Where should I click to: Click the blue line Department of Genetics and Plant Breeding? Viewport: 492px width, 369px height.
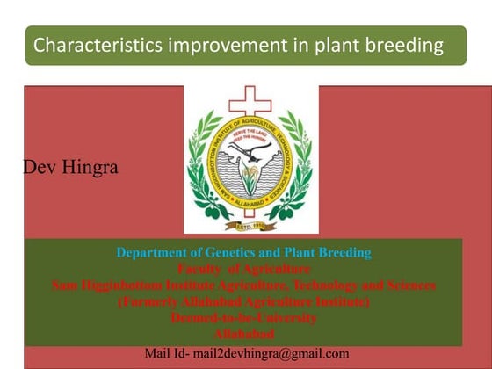(x=243, y=253)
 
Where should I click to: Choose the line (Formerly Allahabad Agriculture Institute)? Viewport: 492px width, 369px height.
(x=243, y=301)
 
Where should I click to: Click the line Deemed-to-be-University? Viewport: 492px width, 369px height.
(x=243, y=318)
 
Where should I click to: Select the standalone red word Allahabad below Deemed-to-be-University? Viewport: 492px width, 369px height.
(x=243, y=334)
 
